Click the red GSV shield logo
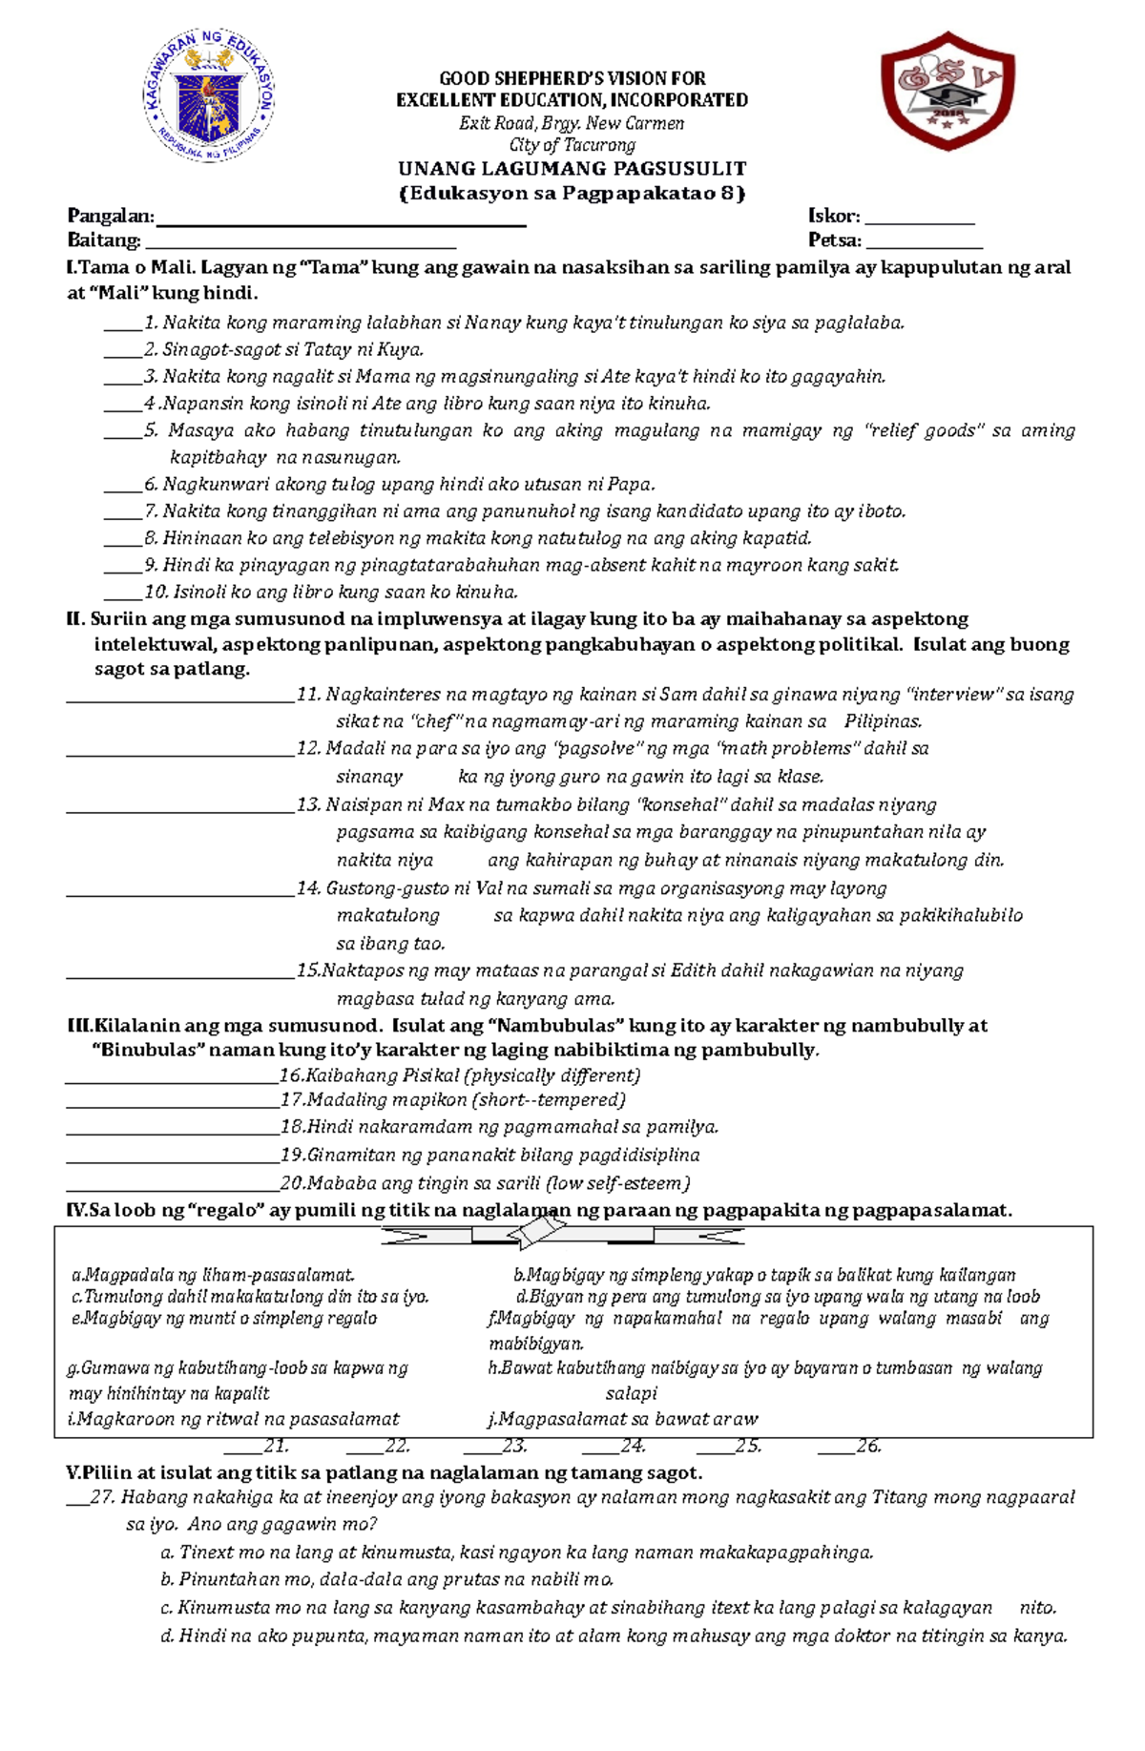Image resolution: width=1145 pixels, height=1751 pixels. click(x=947, y=91)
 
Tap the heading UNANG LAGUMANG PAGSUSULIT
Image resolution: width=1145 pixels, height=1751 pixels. click(x=572, y=169)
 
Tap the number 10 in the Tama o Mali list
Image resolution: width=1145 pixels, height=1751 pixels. click(x=156, y=592)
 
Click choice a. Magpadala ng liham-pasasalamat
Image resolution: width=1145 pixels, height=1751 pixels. click(x=213, y=1275)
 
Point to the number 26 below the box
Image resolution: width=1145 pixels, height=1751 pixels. click(x=868, y=1447)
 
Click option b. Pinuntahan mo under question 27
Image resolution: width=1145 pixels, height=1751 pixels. click(x=386, y=1579)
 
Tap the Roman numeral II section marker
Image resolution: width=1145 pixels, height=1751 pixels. click(x=75, y=619)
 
